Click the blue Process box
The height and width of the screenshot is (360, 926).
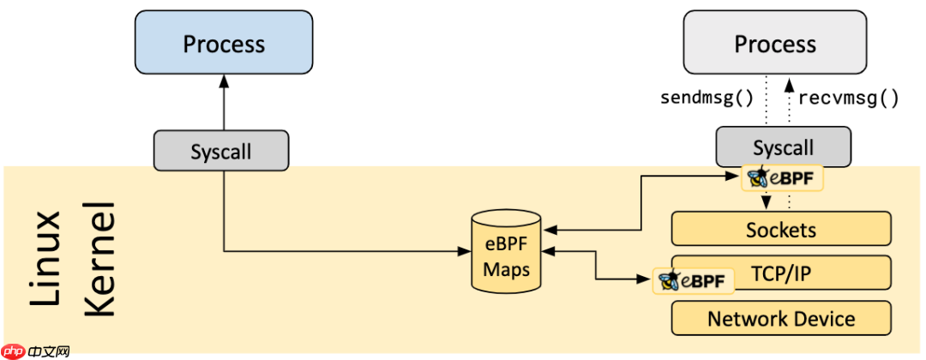[x=223, y=43]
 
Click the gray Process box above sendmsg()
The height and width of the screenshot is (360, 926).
[x=775, y=43]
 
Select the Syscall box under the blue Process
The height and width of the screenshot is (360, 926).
[x=221, y=151]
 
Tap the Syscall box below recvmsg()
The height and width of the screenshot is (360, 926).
[x=783, y=147]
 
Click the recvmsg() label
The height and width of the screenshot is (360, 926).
[x=848, y=97]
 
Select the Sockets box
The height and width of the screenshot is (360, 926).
[x=780, y=229]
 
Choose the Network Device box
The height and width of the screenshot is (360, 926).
[x=780, y=319]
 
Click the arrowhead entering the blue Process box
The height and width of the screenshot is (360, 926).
[x=223, y=81]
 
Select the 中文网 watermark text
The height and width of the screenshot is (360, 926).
[x=49, y=350]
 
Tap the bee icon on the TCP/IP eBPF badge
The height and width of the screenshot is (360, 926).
[x=669, y=280]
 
